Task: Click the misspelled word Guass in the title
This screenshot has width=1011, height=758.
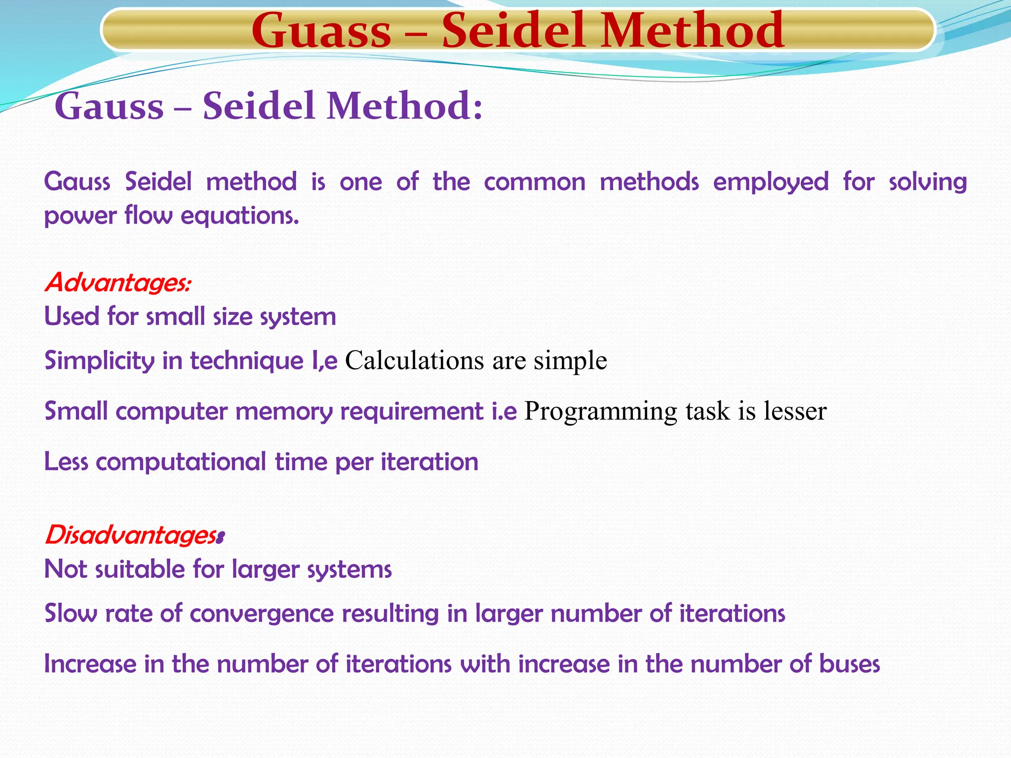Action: click(321, 31)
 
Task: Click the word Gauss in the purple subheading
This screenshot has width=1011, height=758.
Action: click(109, 106)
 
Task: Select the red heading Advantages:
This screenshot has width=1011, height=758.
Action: click(117, 283)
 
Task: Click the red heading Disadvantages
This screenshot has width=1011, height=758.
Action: click(132, 535)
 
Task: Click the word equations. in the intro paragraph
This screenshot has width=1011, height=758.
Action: click(240, 216)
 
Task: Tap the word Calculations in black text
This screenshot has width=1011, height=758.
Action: click(414, 360)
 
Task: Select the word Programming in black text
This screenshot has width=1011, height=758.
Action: click(600, 411)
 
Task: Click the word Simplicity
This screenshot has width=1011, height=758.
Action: click(99, 361)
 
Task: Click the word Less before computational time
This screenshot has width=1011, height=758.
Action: click(66, 462)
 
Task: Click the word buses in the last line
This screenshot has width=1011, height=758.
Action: click(849, 664)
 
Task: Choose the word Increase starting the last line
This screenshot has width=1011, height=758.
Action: click(90, 664)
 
